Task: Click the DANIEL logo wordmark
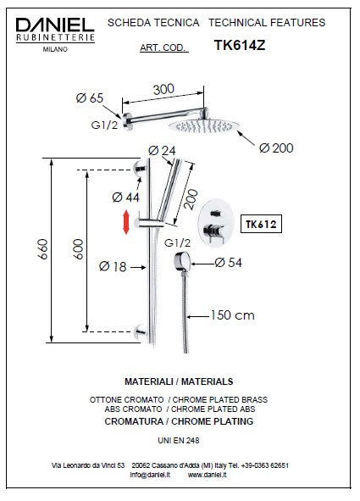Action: point(55,25)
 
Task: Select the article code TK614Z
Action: point(240,45)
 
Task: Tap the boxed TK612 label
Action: point(261,224)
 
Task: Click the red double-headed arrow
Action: point(126,222)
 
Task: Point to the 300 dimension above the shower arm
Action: point(163,89)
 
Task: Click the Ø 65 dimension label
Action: point(90,97)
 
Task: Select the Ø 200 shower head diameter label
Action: point(276,148)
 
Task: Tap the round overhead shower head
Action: point(203,126)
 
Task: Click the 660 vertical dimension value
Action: point(42,249)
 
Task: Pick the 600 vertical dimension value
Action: point(78,249)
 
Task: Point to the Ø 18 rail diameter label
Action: point(113,266)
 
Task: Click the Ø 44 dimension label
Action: point(125,198)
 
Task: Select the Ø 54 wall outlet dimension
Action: point(228,263)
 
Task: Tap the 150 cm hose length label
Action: point(232,315)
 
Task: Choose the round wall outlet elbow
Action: point(182,262)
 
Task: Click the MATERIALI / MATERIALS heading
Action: point(179,381)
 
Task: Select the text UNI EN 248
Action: point(179,440)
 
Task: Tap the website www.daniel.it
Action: point(208,475)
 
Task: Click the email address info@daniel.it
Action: point(150,475)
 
